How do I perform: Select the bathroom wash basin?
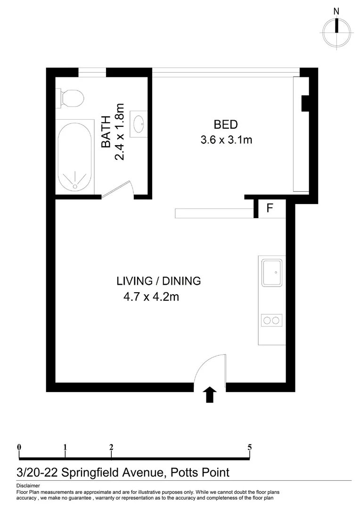pyautogui.click(x=139, y=124)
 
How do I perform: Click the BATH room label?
pyautogui.click(x=107, y=132)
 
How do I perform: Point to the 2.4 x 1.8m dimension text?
pyautogui.click(x=119, y=132)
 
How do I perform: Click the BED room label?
pyautogui.click(x=225, y=125)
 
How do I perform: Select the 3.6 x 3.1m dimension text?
pyautogui.click(x=226, y=140)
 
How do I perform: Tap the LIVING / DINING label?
pyautogui.click(x=158, y=281)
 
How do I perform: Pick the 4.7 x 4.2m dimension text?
pyautogui.click(x=151, y=297)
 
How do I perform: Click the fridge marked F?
pyautogui.click(x=270, y=208)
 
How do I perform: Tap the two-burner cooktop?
pyautogui.click(x=271, y=321)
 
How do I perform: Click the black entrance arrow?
pyautogui.click(x=210, y=394)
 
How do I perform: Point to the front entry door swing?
pyautogui.click(x=211, y=370)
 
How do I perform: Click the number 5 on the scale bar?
pyautogui.click(x=249, y=447)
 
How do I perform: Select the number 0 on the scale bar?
pyautogui.click(x=19, y=447)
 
